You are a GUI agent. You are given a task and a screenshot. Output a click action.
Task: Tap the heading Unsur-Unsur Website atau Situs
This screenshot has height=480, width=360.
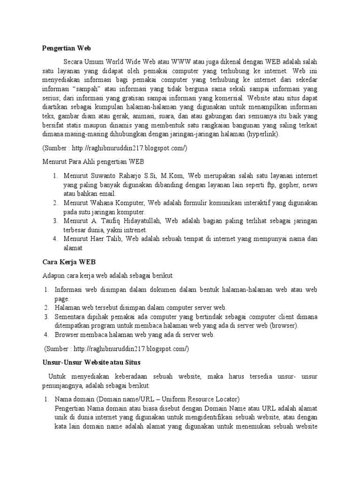92,362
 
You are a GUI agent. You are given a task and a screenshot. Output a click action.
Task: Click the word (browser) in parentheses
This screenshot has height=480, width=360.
285,325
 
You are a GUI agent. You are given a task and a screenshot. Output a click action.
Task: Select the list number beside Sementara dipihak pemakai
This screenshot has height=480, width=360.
47,316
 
